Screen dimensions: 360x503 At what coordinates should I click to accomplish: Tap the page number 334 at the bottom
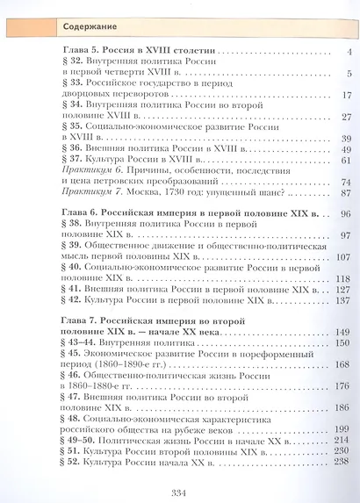tap(180, 487)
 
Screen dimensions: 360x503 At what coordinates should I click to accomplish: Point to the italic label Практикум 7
tap(96, 193)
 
